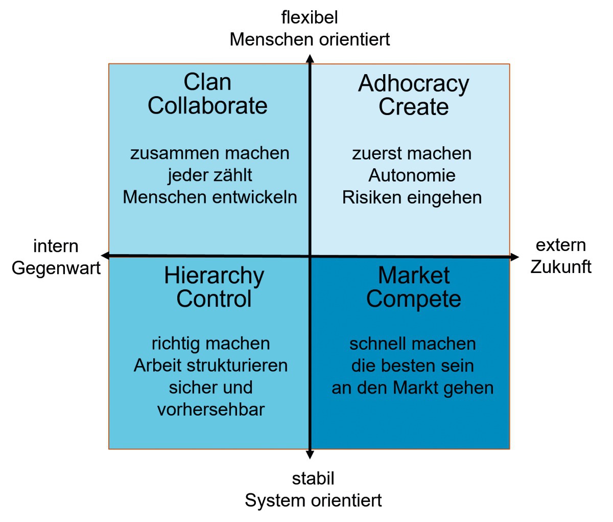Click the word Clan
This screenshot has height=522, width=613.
(x=207, y=82)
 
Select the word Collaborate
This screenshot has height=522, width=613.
(x=207, y=106)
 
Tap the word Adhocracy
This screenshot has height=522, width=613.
(x=413, y=84)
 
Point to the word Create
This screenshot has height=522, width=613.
(x=413, y=107)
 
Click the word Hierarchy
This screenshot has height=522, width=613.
(x=214, y=276)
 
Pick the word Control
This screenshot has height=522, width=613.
(x=214, y=299)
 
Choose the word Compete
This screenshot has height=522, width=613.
(x=413, y=300)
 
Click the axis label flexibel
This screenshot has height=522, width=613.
(x=310, y=17)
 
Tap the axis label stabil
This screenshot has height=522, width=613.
(x=313, y=479)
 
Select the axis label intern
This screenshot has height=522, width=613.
(x=56, y=246)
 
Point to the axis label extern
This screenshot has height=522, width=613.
(x=561, y=245)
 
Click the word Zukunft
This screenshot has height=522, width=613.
(x=561, y=267)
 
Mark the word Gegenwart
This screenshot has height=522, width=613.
(x=56, y=268)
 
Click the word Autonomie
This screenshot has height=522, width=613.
(x=412, y=175)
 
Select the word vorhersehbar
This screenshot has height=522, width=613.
(x=211, y=410)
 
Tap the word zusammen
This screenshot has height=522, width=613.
(x=174, y=154)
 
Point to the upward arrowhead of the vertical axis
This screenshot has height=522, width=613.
(x=310, y=58)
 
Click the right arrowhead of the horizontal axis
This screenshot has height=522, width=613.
(x=514, y=257)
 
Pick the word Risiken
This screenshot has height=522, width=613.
(x=372, y=197)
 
